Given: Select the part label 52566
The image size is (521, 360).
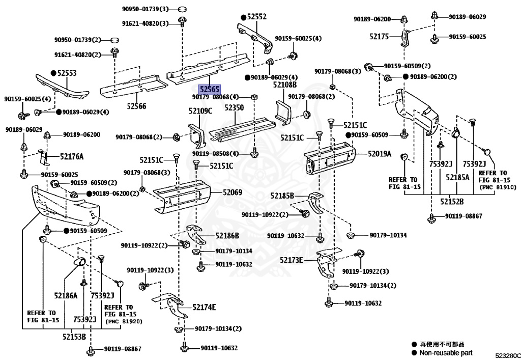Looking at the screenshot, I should point(136,106).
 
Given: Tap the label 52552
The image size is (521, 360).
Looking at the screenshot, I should point(257,17).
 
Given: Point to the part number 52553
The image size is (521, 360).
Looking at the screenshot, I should point(67,73).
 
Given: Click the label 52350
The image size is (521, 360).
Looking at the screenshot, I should point(234,108).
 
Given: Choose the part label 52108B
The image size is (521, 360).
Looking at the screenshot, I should point(285,85).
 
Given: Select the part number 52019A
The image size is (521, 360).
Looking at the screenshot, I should point(380,153).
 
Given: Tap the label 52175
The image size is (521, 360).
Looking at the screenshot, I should point(379,37).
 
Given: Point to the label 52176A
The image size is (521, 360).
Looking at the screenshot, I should point(72,156).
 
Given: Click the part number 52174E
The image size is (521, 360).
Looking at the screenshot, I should point(204,307).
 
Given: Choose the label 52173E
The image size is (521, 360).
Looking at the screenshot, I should point(291,260).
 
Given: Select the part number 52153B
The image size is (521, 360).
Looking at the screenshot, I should point(74,336).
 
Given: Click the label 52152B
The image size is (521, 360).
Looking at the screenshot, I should point(452,202).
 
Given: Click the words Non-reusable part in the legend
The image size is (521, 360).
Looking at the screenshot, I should point(446,352).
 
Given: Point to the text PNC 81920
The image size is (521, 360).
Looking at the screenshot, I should point(124,321).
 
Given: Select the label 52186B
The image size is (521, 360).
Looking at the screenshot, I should point(227,235).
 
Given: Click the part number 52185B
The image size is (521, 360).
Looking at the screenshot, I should point(282,196).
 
